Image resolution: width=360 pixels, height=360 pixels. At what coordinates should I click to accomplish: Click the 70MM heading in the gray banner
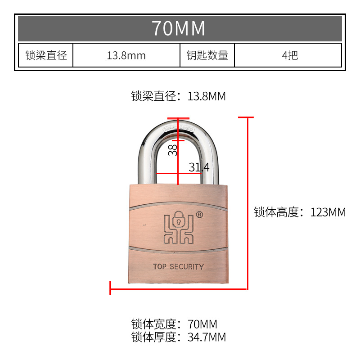[x=179, y=28]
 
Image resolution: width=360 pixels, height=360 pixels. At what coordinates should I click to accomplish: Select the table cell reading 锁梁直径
[x=46, y=55]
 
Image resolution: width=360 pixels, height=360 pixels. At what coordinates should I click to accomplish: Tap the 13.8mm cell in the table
[x=126, y=55]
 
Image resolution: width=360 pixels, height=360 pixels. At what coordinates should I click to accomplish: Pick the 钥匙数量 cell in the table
[x=207, y=55]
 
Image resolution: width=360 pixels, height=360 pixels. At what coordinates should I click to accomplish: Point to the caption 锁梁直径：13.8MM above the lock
[x=178, y=96]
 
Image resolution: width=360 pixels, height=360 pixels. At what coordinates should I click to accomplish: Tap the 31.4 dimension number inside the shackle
[x=199, y=168]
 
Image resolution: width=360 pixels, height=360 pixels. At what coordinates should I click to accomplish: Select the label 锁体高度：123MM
[x=300, y=212]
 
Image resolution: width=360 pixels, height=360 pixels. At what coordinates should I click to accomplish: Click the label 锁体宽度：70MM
[x=174, y=324]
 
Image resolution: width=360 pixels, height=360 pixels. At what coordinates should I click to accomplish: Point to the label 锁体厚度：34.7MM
[x=178, y=337]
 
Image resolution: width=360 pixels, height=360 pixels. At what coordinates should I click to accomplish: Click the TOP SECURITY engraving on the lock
[x=178, y=266]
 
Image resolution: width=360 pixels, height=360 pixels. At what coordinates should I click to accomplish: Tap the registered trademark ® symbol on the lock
[x=200, y=215]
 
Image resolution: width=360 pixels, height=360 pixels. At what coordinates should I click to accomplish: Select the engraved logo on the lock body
[x=178, y=228]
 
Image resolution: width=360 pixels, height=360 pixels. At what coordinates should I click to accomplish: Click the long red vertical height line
[x=247, y=202]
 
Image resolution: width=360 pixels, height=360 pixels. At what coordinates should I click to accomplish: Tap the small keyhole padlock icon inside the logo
[x=179, y=220]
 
